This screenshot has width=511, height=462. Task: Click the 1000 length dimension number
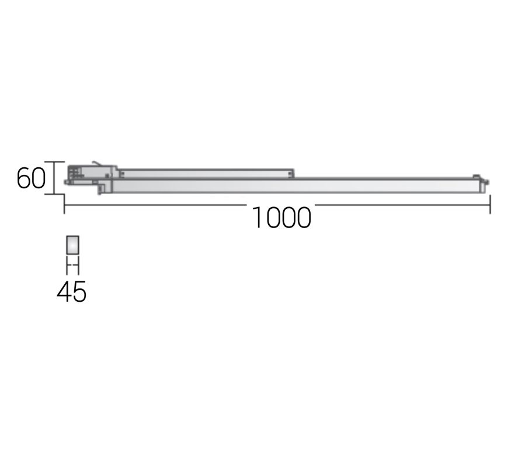click(x=282, y=218)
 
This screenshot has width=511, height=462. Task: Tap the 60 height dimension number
click(x=31, y=178)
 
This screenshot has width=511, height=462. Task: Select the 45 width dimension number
click(x=72, y=291)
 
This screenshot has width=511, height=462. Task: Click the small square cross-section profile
click(x=72, y=245)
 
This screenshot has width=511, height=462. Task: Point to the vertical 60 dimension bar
click(x=54, y=178)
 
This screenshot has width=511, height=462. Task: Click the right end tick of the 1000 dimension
click(x=490, y=204)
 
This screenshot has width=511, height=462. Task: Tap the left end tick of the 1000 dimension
click(x=64, y=204)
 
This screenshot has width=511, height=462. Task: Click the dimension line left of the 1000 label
click(x=155, y=205)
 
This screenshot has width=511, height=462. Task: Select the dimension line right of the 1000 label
click(x=402, y=205)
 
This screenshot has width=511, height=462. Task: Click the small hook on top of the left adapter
click(x=97, y=163)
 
